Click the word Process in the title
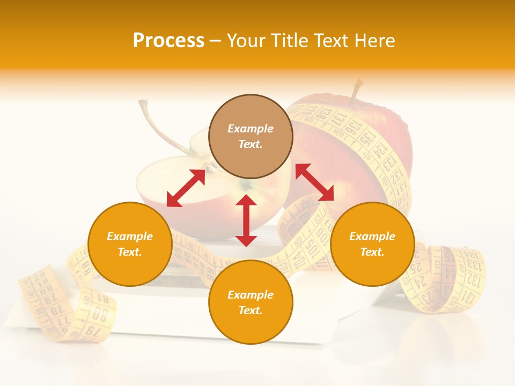168,41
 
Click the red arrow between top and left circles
186,188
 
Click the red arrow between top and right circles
315,182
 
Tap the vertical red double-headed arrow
246,220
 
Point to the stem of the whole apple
356,91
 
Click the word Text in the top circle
250,144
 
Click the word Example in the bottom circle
251,294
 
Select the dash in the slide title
216,41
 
